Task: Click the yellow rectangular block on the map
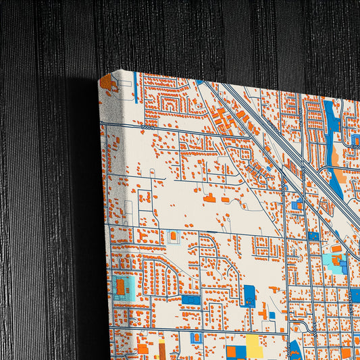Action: (x=254, y=346)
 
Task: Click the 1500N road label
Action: (x=148, y=126)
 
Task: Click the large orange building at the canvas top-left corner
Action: (x=106, y=83)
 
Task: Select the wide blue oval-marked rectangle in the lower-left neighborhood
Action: (x=190, y=299)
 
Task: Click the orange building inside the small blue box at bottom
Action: (x=196, y=337)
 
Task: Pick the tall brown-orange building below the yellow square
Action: (x=162, y=351)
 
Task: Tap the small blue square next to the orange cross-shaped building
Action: (x=272, y=315)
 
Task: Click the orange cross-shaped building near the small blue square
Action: (x=262, y=313)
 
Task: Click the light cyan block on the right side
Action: (x=331, y=260)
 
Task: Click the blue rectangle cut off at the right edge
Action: (x=355, y=294)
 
